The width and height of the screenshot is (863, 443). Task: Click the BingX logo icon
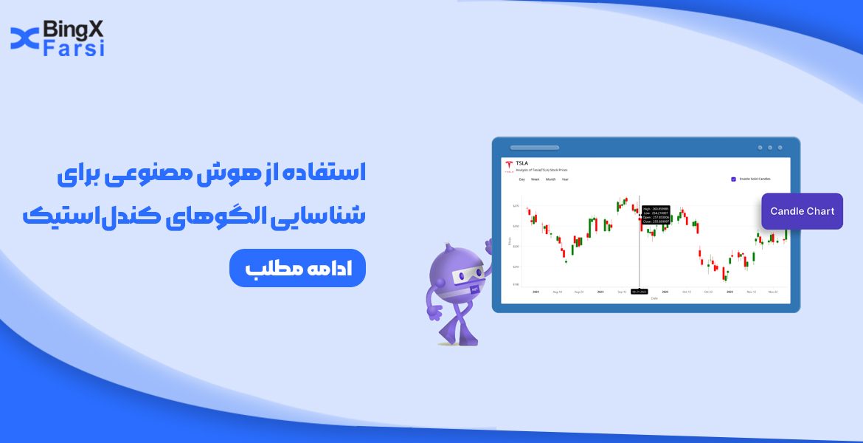click(x=24, y=38)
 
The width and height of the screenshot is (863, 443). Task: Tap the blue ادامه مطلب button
click(x=297, y=268)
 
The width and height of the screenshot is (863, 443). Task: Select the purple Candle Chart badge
click(x=802, y=211)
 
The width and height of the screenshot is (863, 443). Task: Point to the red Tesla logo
click(x=509, y=165)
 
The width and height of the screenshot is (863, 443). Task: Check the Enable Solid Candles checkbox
click(x=733, y=179)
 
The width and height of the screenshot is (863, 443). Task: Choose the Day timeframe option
click(x=521, y=179)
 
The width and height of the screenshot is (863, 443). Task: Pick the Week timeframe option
click(x=536, y=179)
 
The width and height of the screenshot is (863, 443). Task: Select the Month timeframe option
click(x=550, y=179)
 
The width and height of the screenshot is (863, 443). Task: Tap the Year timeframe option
click(x=565, y=179)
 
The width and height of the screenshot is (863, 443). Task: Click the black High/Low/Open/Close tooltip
click(x=656, y=214)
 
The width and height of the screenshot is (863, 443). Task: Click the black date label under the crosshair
click(x=639, y=292)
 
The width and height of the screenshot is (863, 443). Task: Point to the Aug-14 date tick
click(x=557, y=292)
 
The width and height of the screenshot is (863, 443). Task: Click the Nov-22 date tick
click(x=772, y=292)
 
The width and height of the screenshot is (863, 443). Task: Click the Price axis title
click(x=508, y=241)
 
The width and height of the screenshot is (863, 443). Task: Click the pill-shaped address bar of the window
click(x=534, y=148)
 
